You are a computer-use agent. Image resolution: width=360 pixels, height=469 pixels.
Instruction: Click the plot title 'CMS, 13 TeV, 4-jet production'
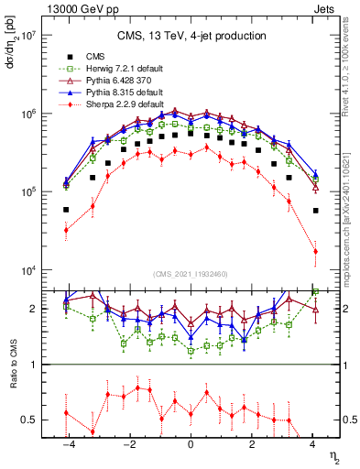[191, 36]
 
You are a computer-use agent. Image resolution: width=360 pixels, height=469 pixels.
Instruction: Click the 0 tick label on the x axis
[191, 443]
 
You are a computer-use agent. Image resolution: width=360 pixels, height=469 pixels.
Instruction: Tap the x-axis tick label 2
[252, 443]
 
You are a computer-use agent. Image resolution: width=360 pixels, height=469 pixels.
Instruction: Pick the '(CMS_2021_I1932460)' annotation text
[191, 273]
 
